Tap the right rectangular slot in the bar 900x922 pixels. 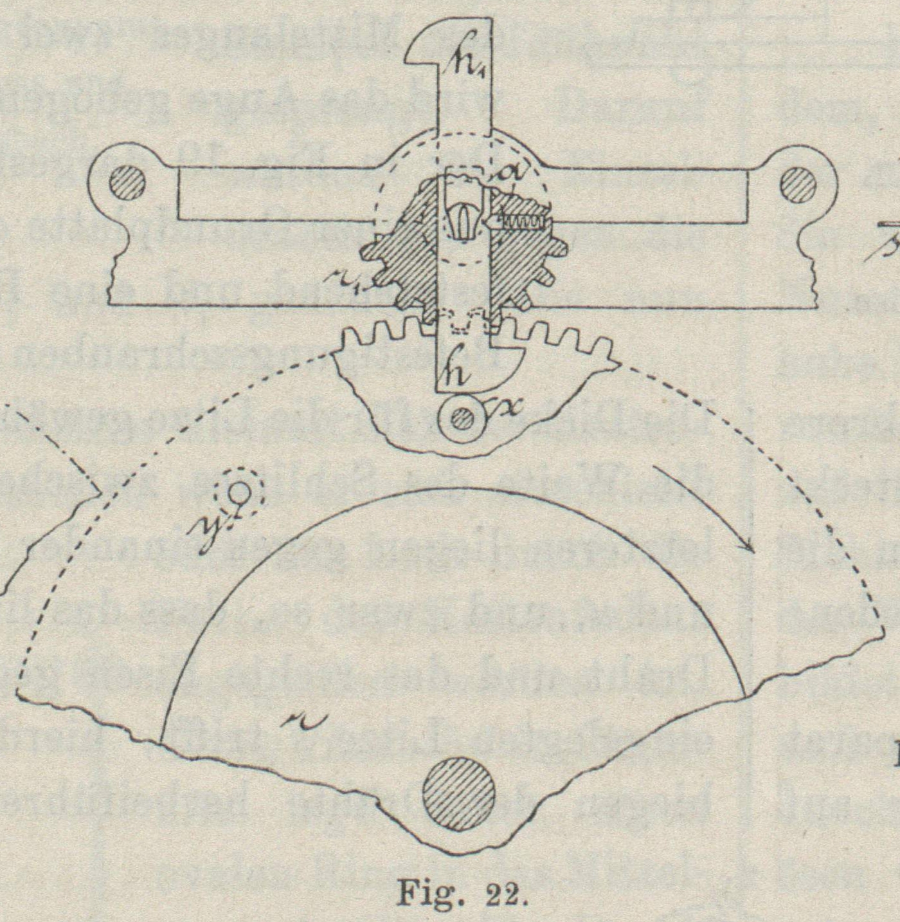click(646, 194)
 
